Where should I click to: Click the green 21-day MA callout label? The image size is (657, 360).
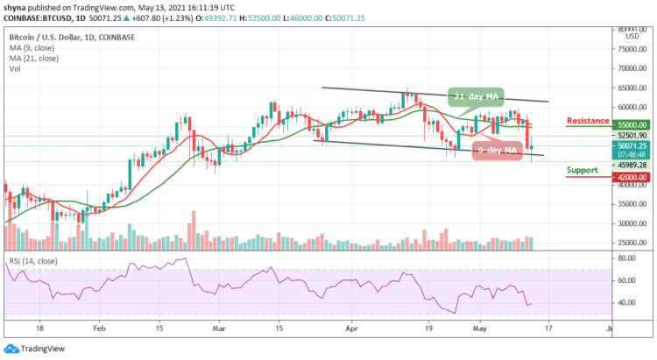(x=477, y=96)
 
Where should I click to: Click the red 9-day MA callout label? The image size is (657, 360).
(x=496, y=149)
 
